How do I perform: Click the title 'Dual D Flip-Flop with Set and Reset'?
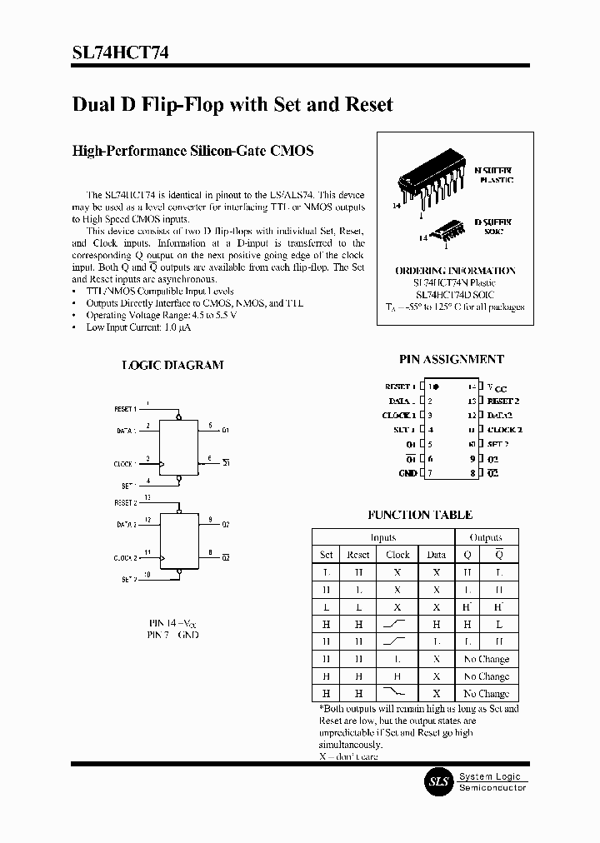pyautogui.click(x=232, y=105)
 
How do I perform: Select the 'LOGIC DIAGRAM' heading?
pyautogui.click(x=172, y=365)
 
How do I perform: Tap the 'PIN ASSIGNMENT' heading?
pyautogui.click(x=451, y=359)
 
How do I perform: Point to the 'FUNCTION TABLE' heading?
pyautogui.click(x=420, y=515)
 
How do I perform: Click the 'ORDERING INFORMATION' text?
pyautogui.click(x=455, y=271)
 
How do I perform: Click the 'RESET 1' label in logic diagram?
pyautogui.click(x=126, y=409)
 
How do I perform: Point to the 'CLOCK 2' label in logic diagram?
pyautogui.click(x=126, y=558)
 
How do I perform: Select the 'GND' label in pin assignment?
pyautogui.click(x=407, y=473)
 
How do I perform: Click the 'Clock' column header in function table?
pyautogui.click(x=397, y=555)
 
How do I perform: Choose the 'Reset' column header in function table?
pyautogui.click(x=357, y=555)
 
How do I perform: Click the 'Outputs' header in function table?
pyautogui.click(x=486, y=537)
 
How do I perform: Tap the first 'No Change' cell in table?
pyautogui.click(x=486, y=659)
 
